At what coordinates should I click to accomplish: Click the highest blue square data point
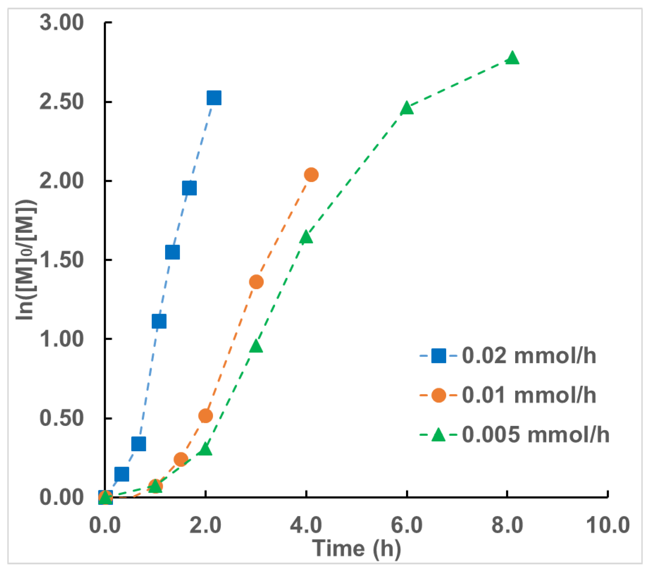[x=214, y=98]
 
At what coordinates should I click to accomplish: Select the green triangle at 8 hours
[x=512, y=58]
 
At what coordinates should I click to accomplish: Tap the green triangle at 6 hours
[x=407, y=108]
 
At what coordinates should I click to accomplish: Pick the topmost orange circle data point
[x=311, y=175]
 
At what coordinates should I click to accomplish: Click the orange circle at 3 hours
[x=256, y=282]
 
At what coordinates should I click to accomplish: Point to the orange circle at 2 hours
[x=206, y=416]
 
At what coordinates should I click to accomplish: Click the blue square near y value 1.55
[x=172, y=252]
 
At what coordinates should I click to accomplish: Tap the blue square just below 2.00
[x=189, y=188]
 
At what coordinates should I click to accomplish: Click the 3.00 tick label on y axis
[x=61, y=23]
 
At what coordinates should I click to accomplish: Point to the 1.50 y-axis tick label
[x=61, y=260]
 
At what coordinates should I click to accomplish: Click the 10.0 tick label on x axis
[x=608, y=525]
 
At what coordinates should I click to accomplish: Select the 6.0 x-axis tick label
[x=406, y=525]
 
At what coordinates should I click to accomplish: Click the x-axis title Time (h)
[x=356, y=548]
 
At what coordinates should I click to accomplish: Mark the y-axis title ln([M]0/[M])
[x=26, y=260]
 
